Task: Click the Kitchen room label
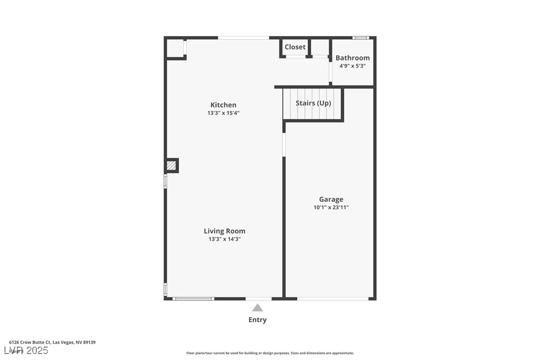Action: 223,105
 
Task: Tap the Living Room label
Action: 224,231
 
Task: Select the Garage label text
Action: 331,199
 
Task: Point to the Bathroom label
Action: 353,58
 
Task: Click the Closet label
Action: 295,47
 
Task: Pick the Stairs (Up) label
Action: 313,103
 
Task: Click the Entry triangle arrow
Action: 257,308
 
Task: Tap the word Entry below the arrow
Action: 257,320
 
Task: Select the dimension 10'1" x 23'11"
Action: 331,207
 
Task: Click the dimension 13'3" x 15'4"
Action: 223,113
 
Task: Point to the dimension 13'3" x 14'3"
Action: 224,239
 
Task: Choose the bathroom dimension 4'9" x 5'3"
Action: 353,66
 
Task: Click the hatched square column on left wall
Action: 172,166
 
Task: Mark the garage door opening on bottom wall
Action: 333,298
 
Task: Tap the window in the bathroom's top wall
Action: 360,38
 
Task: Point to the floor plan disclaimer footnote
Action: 270,353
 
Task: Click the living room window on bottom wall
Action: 193,298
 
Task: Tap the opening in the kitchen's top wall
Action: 244,38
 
